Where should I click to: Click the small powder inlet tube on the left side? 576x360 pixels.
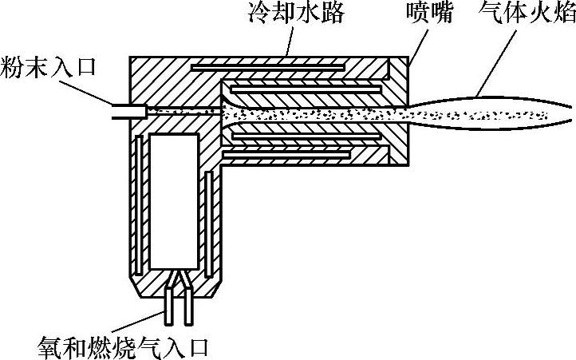tap(128, 111)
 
